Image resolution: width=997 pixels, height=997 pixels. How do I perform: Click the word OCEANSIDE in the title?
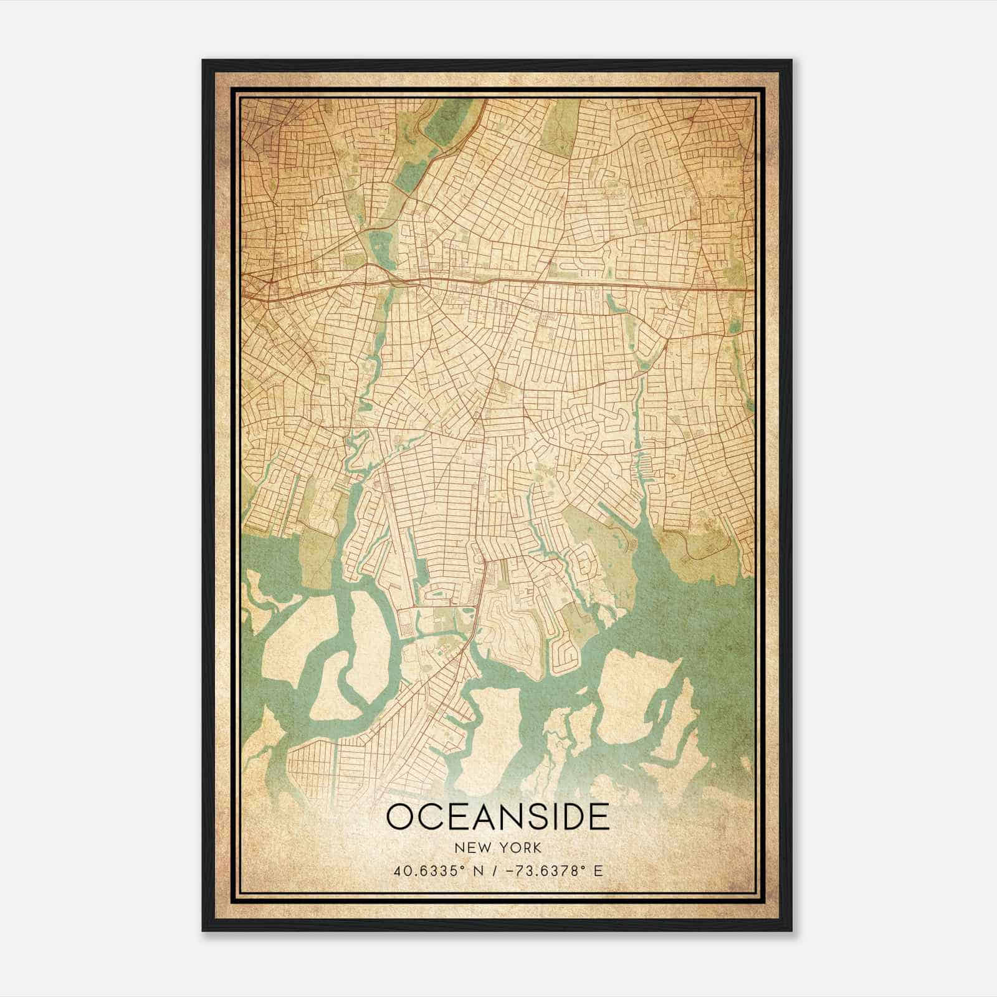click(x=497, y=817)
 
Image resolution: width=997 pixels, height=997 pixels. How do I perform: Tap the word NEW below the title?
click(x=472, y=848)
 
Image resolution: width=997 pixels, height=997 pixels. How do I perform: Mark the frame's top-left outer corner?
click(x=202, y=60)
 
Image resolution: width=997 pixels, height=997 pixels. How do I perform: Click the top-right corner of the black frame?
click(x=792, y=60)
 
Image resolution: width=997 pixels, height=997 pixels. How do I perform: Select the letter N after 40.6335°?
click(x=477, y=871)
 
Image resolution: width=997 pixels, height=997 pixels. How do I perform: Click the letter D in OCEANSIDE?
click(x=571, y=817)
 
